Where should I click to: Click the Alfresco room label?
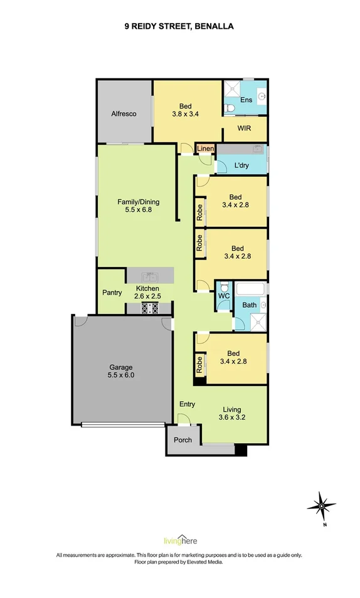click(x=124, y=113)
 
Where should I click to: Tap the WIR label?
click(x=245, y=128)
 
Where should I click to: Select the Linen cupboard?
click(x=205, y=149)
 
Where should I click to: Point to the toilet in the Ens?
click(x=229, y=108)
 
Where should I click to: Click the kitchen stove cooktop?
click(x=150, y=308)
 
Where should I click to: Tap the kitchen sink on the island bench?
click(x=150, y=275)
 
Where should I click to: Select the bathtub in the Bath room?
click(x=250, y=289)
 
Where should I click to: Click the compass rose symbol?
click(x=322, y=506)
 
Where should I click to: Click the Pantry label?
click(x=112, y=293)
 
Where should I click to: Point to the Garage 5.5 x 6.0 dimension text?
click(x=121, y=375)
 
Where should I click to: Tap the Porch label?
click(x=183, y=440)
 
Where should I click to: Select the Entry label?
click(x=187, y=404)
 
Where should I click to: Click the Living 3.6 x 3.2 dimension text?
click(x=231, y=417)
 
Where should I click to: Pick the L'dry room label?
click(x=241, y=165)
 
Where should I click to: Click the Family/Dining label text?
click(x=138, y=202)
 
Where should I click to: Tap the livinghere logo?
click(x=180, y=540)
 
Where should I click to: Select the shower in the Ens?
click(x=231, y=89)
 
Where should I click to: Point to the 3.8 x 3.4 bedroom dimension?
click(x=185, y=113)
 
